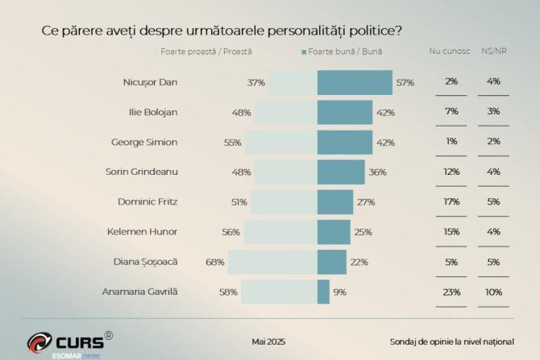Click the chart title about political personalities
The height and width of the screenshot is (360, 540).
pyautogui.click(x=222, y=31)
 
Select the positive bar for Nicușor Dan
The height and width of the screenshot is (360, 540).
pyautogui.click(x=355, y=82)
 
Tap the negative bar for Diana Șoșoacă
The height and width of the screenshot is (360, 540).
pyautogui.click(x=272, y=262)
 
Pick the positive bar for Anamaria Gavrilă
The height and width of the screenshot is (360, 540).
pyautogui.click(x=323, y=292)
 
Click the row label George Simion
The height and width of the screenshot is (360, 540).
pyautogui.click(x=143, y=142)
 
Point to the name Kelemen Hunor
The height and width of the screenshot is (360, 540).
pyautogui.click(x=142, y=232)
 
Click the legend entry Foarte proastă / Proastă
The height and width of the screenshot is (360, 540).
pyautogui.click(x=206, y=52)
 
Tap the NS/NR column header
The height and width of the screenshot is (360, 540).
pyautogui.click(x=494, y=52)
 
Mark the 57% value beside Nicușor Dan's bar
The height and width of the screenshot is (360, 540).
pyautogui.click(x=405, y=82)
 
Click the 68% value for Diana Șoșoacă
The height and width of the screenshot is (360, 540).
pyautogui.click(x=215, y=262)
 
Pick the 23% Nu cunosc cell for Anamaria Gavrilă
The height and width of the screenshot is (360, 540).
pyautogui.click(x=451, y=292)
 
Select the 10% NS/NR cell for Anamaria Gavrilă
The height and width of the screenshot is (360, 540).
pyautogui.click(x=494, y=292)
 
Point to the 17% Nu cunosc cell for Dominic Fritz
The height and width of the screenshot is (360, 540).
pyautogui.click(x=451, y=202)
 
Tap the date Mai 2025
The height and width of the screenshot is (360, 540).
pyautogui.click(x=268, y=341)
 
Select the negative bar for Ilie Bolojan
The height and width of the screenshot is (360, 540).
pyautogui.click(x=285, y=112)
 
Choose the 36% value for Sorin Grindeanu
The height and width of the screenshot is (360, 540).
pyautogui.click(x=377, y=172)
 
